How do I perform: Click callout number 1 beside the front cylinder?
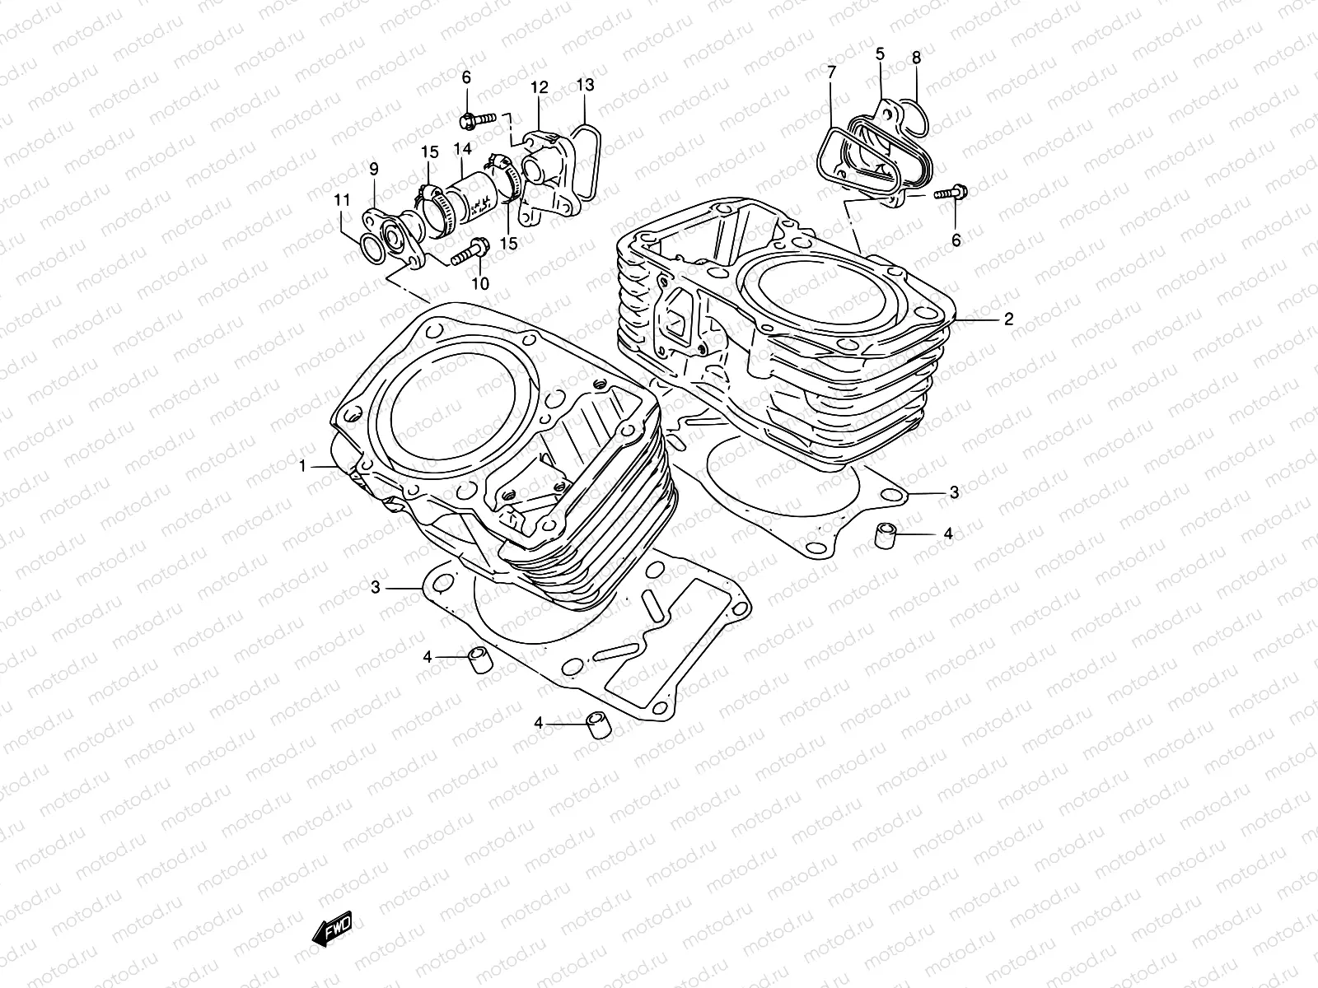tap(303, 467)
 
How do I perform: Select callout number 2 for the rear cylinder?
tap(1008, 320)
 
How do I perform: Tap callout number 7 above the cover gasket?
tap(831, 72)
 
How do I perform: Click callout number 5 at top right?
tap(880, 54)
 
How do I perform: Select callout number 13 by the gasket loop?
tap(585, 85)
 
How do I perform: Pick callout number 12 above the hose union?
tap(539, 87)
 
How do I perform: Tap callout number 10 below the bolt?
tap(479, 283)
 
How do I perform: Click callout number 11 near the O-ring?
tap(342, 200)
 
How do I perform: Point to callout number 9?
tap(373, 170)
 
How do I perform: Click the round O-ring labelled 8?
tap(914, 119)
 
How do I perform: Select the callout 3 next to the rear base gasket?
tap(954, 493)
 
